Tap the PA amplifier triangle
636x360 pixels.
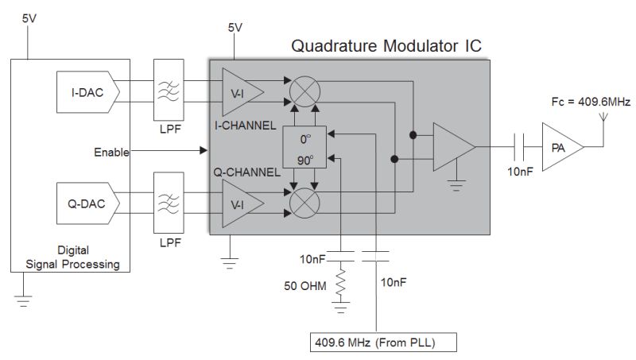click(x=560, y=147)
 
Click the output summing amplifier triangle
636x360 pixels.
click(x=452, y=147)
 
